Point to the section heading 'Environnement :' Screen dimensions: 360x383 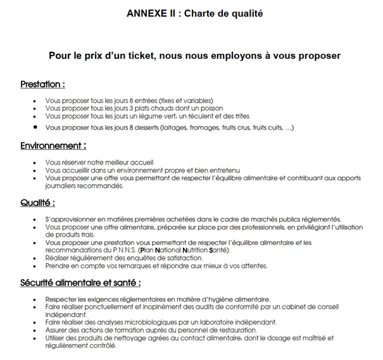[53, 146]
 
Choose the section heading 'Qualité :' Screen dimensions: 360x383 [37, 203]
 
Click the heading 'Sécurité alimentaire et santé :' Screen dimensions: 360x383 [80, 282]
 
